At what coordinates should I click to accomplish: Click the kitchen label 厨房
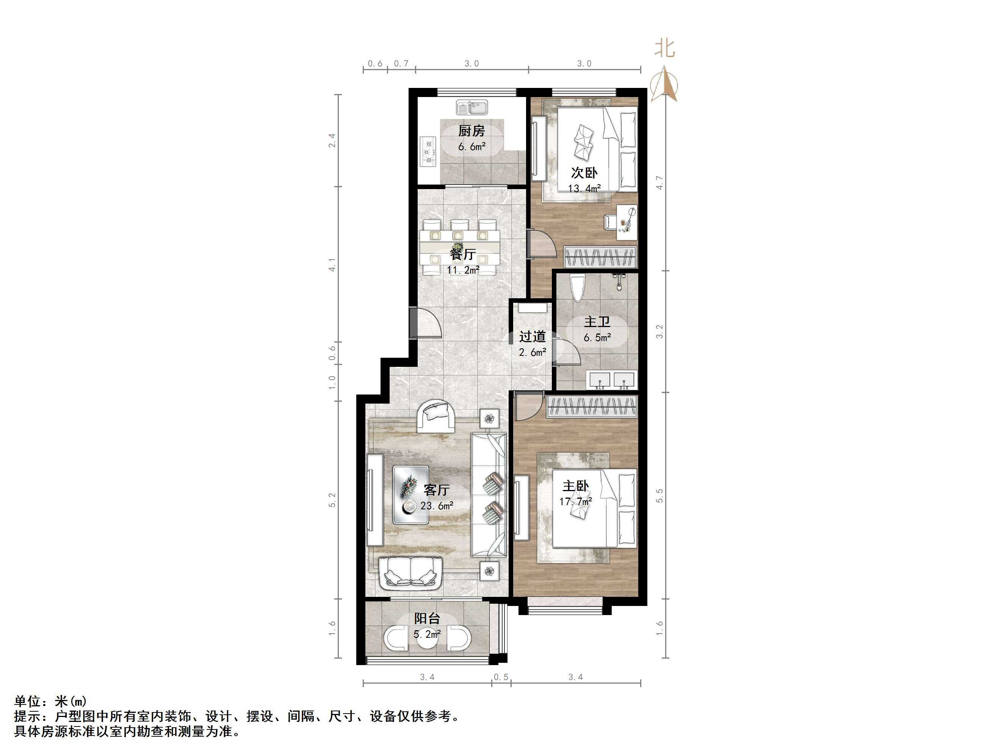(x=471, y=131)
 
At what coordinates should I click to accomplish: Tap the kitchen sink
(x=471, y=108)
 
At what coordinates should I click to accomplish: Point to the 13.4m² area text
(x=584, y=188)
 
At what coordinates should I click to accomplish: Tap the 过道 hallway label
(x=533, y=337)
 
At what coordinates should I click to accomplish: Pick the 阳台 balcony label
(x=427, y=618)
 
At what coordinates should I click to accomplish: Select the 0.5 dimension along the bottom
(x=501, y=677)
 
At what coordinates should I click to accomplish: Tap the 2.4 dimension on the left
(x=332, y=140)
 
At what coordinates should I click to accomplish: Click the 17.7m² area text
(x=576, y=501)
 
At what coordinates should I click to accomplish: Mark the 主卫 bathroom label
(x=597, y=322)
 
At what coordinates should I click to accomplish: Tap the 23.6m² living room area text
(x=437, y=506)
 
